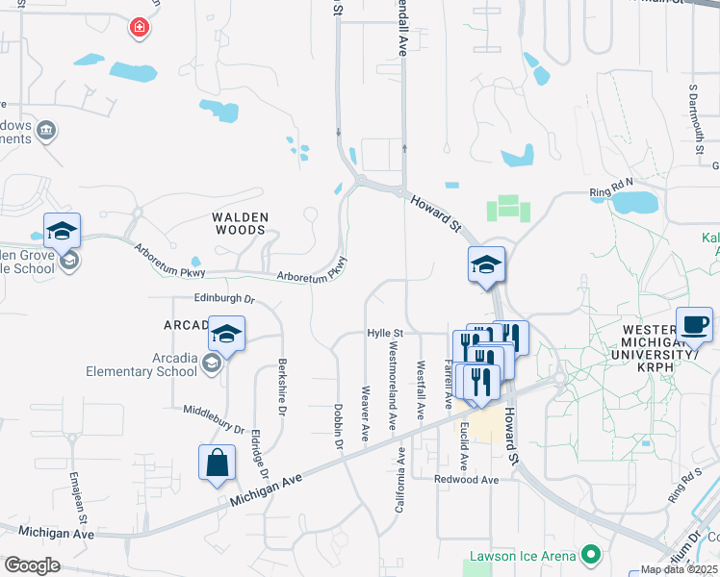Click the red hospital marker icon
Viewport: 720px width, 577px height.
[x=141, y=27]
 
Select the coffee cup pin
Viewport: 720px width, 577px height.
[x=694, y=324]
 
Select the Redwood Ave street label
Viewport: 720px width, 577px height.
[x=467, y=479]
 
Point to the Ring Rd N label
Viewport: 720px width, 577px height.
[x=612, y=193]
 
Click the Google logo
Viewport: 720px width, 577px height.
[x=32, y=565]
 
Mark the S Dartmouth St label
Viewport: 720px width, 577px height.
[x=693, y=116]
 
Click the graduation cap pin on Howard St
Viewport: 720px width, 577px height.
[x=486, y=264]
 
